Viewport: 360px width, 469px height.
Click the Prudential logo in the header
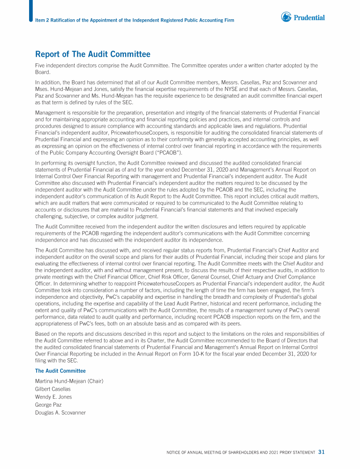(x=303, y=17)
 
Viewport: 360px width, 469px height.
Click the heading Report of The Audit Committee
(x=93, y=54)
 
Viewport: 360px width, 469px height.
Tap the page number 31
(x=321, y=452)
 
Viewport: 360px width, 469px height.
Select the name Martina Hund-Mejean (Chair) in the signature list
(x=69, y=381)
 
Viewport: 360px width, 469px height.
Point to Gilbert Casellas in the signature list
(x=53, y=389)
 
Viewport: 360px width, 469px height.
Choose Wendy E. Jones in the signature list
(x=53, y=397)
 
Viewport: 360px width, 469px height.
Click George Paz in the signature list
(x=48, y=405)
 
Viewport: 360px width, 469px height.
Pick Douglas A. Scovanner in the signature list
(x=60, y=413)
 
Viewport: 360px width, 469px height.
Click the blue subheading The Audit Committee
(x=60, y=371)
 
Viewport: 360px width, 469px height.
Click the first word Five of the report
(x=41, y=66)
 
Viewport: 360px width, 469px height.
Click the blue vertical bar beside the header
(x=31, y=11)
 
